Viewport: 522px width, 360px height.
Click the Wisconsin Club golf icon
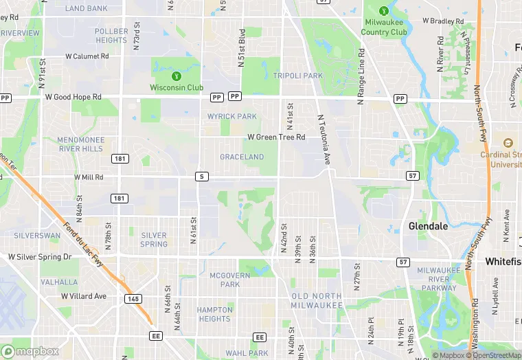click(x=177, y=76)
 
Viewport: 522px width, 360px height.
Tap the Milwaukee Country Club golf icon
click(x=384, y=11)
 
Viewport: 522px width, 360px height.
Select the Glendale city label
click(x=428, y=225)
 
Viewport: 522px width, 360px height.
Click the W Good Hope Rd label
click(x=72, y=98)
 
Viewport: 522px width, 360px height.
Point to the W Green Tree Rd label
click(x=276, y=137)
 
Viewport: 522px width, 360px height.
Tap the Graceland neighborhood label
click(x=242, y=157)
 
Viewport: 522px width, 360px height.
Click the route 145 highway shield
click(x=133, y=298)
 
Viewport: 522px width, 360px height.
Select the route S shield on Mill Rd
click(x=201, y=177)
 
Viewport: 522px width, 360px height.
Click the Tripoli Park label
click(x=297, y=76)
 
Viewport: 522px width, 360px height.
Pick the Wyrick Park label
click(x=232, y=117)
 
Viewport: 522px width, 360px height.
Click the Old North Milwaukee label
click(x=317, y=300)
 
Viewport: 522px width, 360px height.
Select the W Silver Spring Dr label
click(x=39, y=257)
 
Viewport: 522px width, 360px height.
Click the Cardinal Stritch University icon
click(x=508, y=143)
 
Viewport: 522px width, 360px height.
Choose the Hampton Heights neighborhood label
click(x=214, y=314)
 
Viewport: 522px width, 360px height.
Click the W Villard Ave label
click(x=84, y=296)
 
